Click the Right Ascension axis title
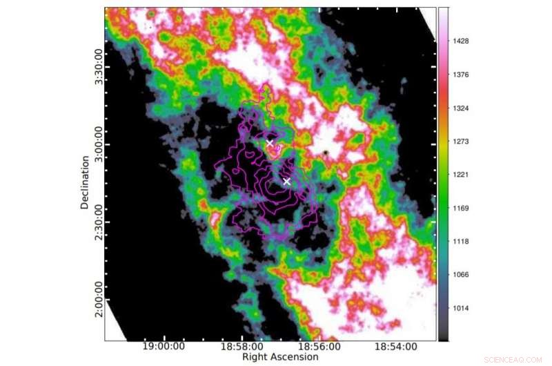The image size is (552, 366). (280, 358)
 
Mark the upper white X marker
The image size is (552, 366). (270, 143)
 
